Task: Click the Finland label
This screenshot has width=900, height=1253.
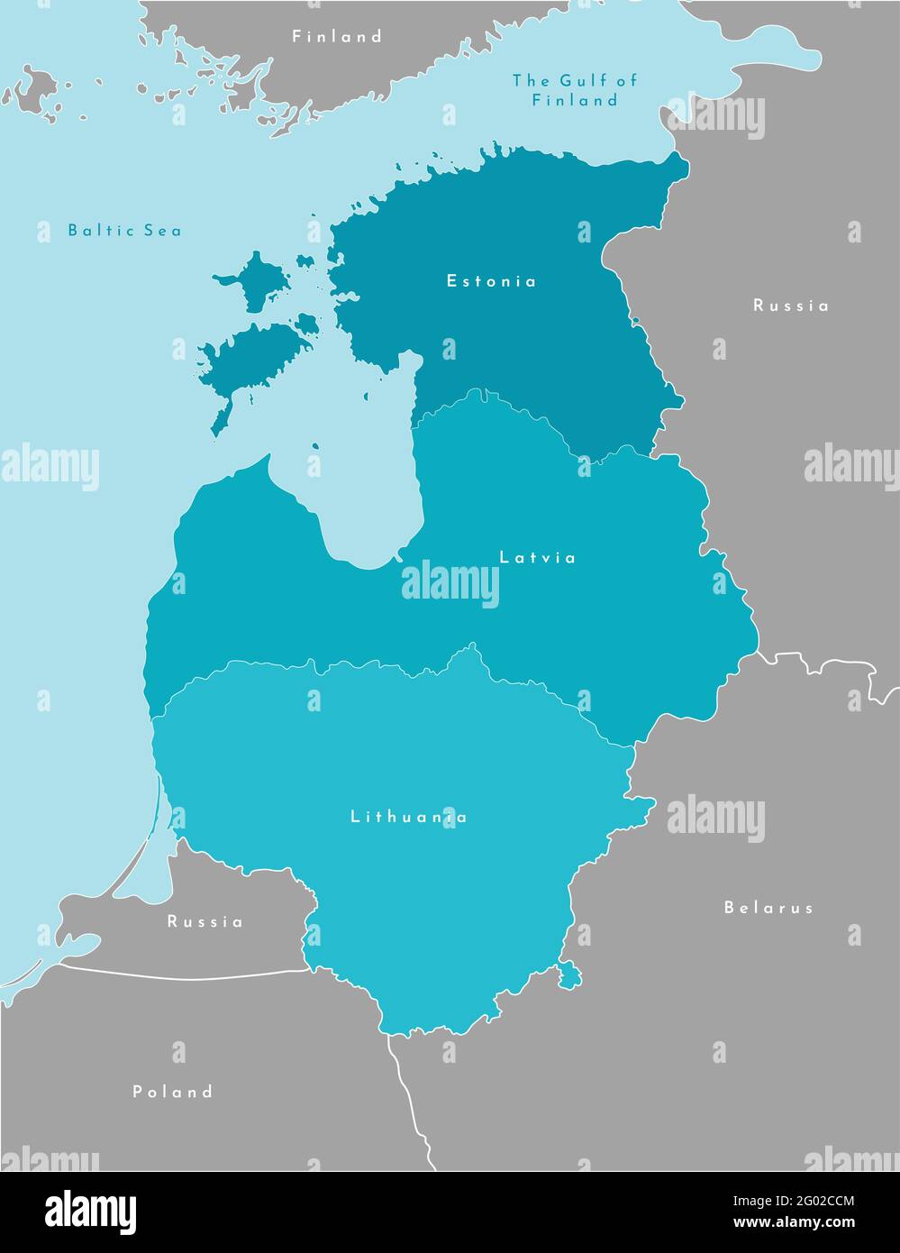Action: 337,37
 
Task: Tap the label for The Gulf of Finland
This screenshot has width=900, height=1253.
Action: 574,90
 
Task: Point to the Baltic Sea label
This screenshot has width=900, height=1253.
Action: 124,231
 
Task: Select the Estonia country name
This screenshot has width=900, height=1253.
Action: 491,281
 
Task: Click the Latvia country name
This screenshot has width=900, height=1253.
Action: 538,558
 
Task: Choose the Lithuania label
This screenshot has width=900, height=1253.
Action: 408,818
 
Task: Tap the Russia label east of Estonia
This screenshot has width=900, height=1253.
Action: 791,306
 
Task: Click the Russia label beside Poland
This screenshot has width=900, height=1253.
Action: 205,922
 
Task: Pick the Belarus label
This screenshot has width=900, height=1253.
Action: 768,908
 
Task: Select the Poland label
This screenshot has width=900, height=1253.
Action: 173,1092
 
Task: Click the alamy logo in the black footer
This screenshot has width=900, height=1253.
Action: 90,1212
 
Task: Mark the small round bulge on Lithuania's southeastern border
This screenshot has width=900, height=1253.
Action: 569,974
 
